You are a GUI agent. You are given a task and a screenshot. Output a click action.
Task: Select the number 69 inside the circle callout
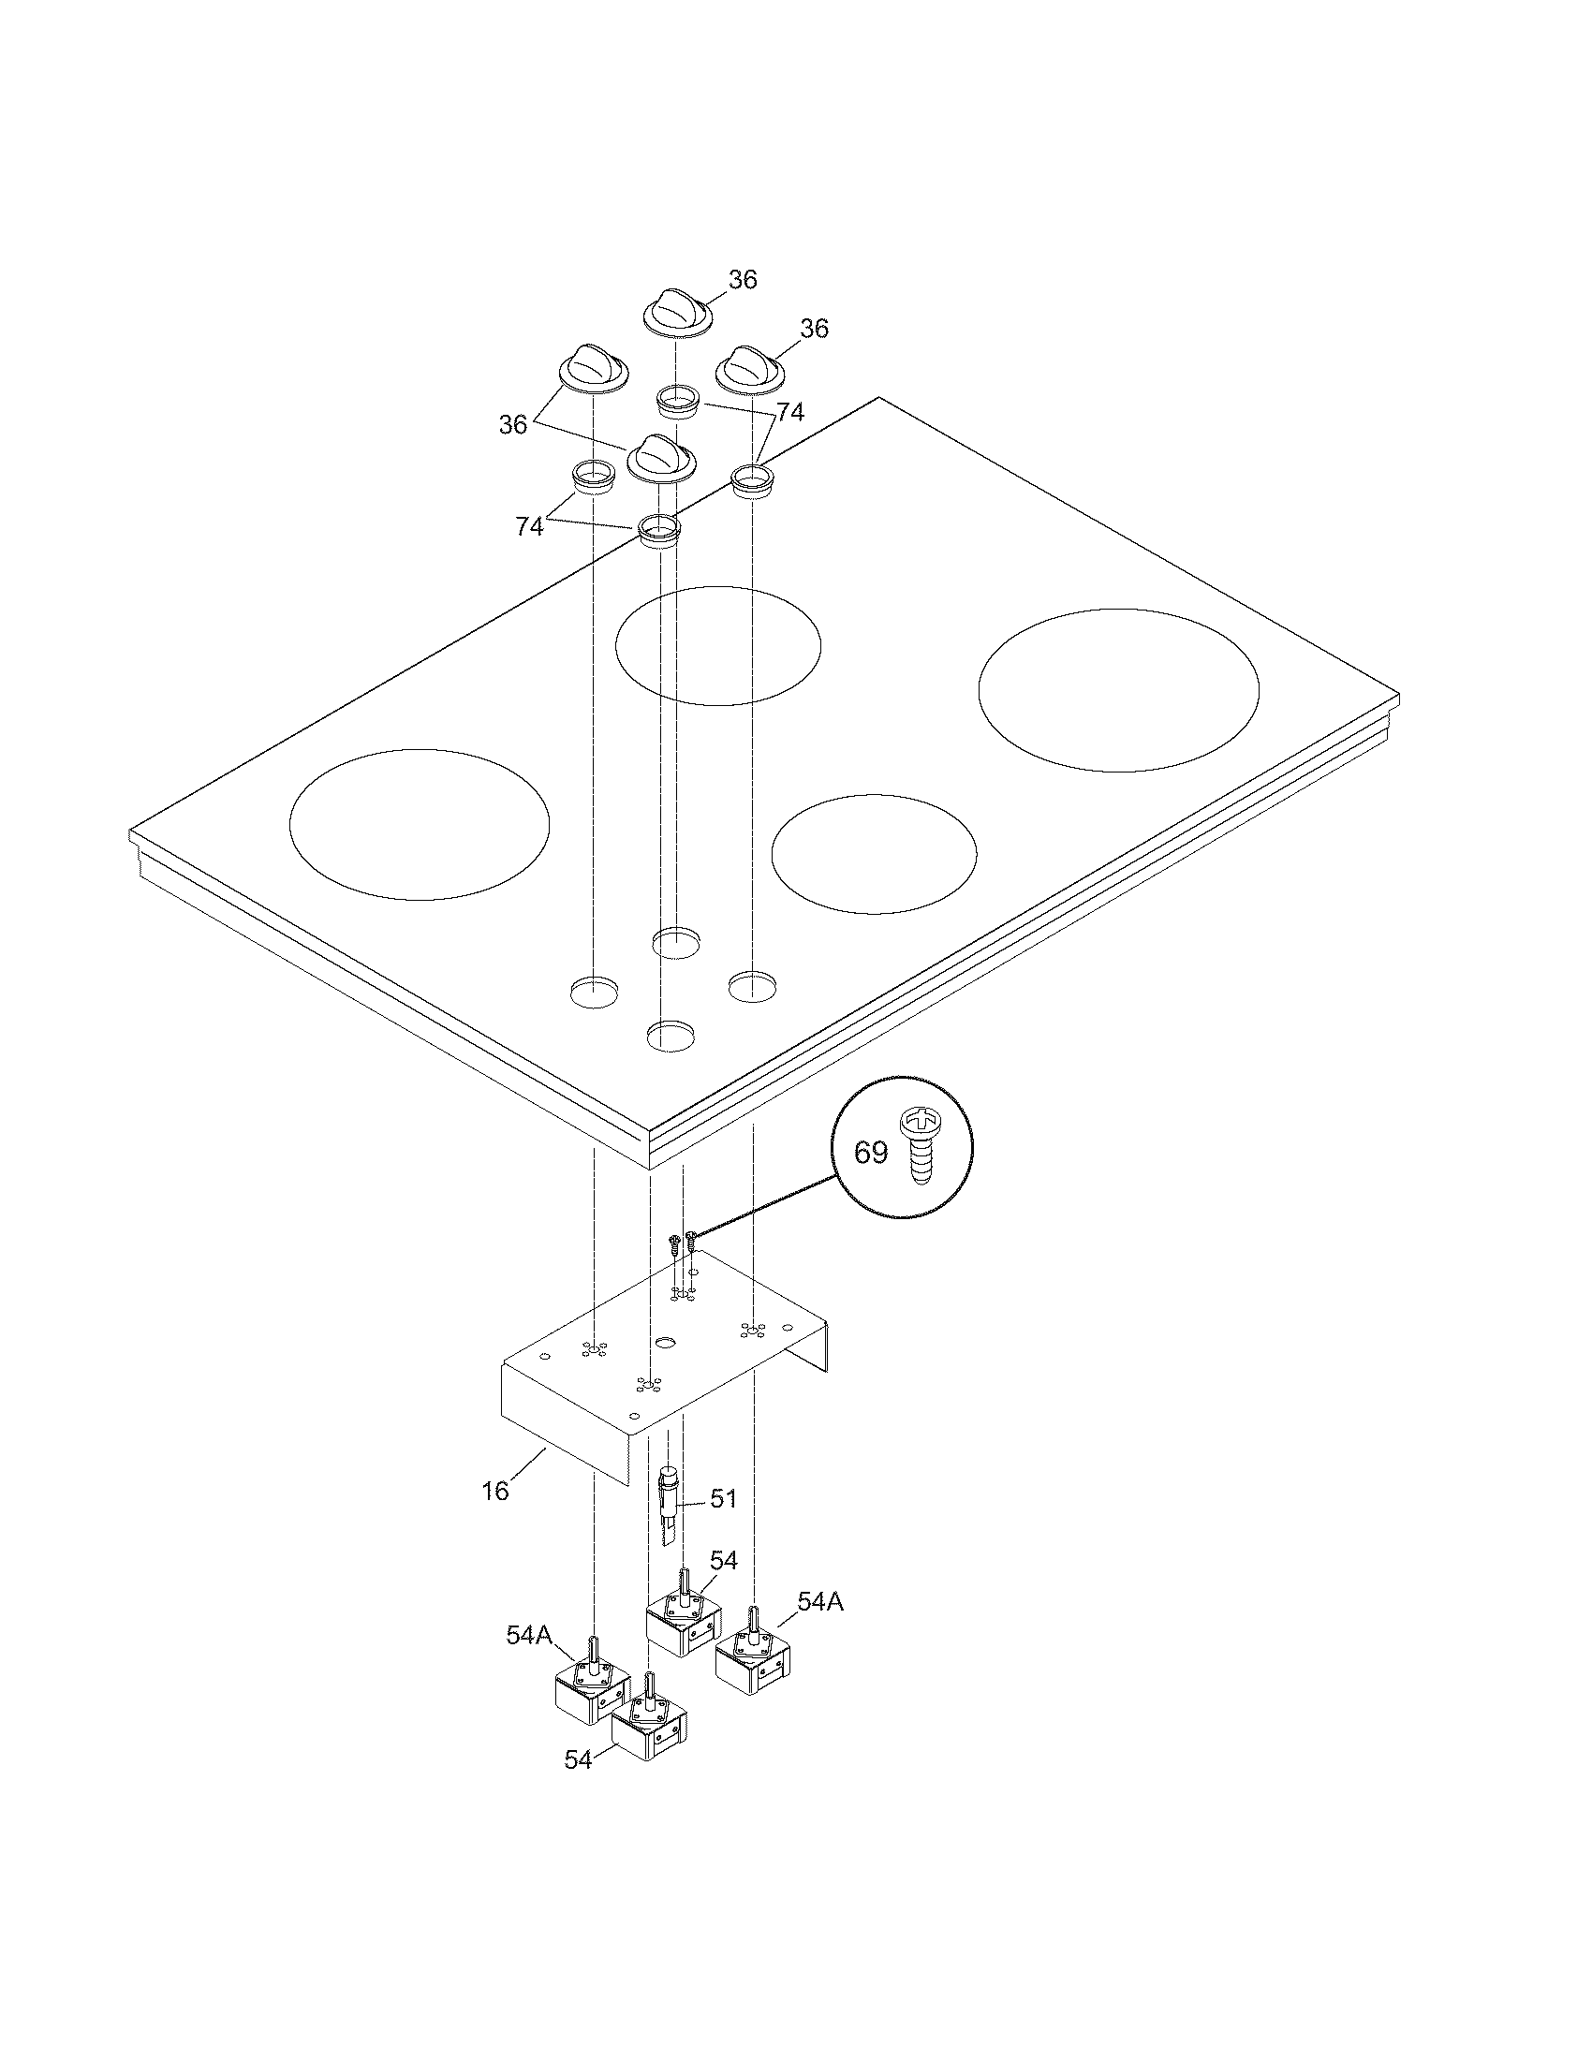(x=871, y=1153)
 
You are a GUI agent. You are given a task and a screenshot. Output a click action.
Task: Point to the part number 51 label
(x=723, y=1499)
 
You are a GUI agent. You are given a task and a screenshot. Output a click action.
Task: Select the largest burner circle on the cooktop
(x=1118, y=689)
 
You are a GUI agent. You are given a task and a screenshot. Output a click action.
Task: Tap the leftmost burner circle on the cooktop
(x=419, y=824)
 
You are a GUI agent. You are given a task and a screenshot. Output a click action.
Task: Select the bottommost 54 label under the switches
(x=578, y=1759)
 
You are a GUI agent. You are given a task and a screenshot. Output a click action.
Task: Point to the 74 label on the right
(x=790, y=412)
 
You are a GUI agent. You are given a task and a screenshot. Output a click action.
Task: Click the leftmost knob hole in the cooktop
(x=596, y=992)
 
